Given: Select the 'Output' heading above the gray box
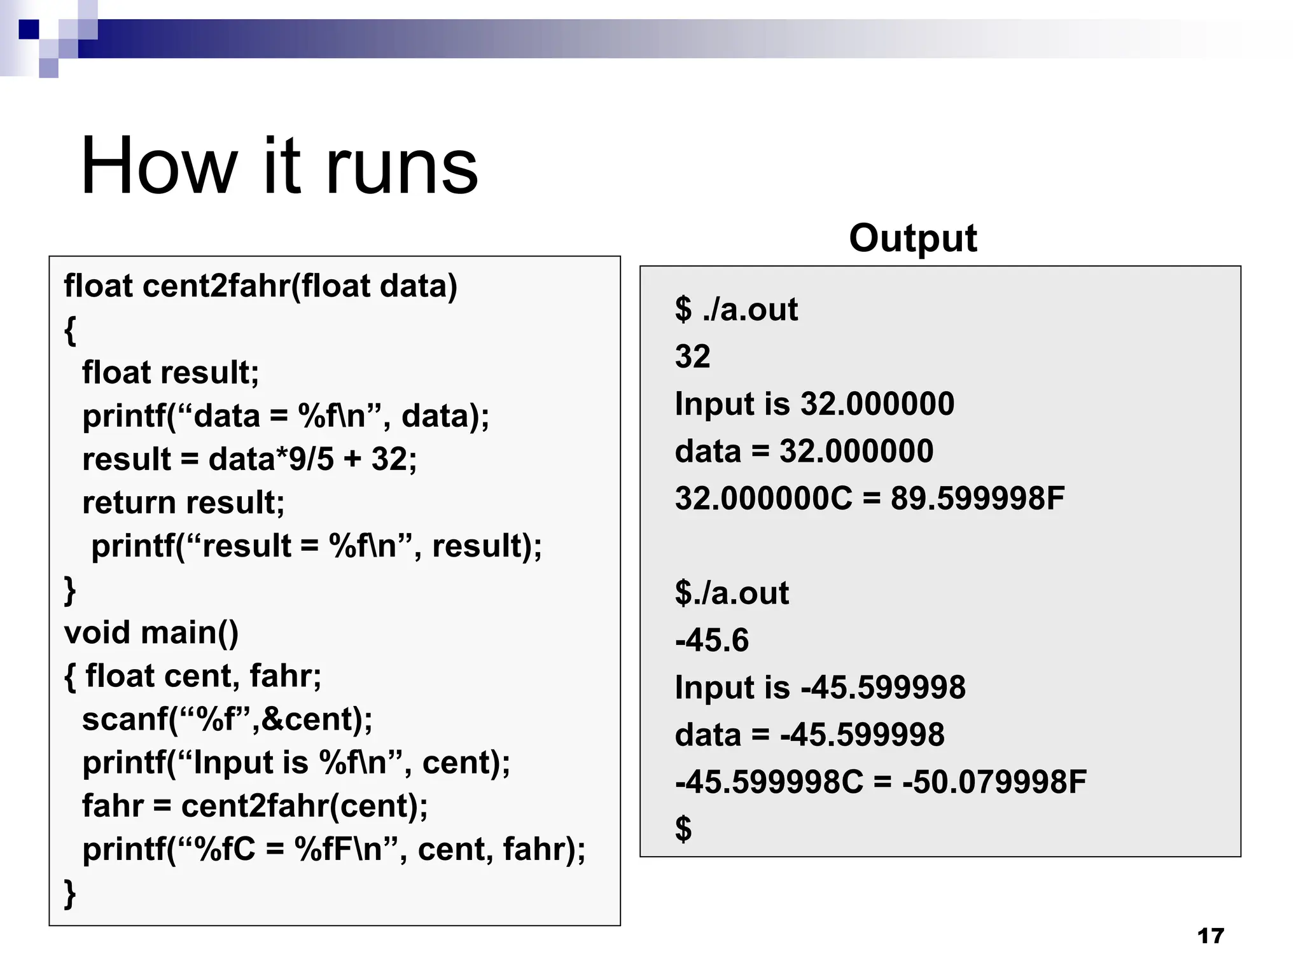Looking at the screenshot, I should click(912, 238).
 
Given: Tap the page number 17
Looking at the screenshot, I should click(1210, 936).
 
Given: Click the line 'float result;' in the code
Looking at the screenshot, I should click(171, 372).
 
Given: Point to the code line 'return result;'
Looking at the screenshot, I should click(183, 502).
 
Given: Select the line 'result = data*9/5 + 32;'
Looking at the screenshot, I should click(249, 459).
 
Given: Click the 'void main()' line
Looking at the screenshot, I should click(151, 632).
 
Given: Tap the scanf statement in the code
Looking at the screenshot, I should click(227, 719).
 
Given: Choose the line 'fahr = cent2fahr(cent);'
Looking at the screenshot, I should click(255, 806).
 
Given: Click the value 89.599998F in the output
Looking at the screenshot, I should click(977, 498).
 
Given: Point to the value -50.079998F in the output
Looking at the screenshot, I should click(994, 782).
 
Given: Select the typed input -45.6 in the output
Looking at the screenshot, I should click(712, 640).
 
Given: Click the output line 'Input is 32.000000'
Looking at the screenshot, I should click(814, 404).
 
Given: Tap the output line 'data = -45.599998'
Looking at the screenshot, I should click(809, 735).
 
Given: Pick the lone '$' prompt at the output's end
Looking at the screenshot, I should click(683, 829).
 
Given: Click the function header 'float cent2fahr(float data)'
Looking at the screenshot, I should click(260, 286).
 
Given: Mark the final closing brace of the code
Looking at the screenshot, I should click(70, 893).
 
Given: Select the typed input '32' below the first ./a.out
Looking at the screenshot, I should click(692, 356).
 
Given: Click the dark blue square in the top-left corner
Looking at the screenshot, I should click(29, 29).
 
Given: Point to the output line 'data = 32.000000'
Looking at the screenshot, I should click(804, 451).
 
